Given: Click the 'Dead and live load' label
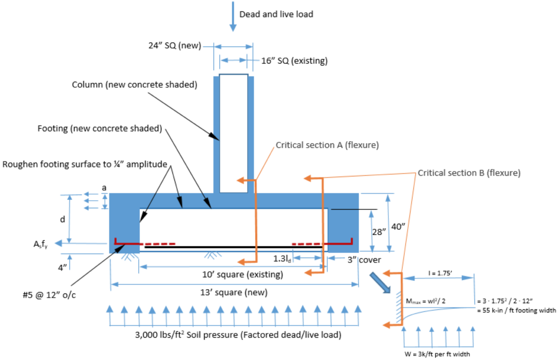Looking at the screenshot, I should [276, 14].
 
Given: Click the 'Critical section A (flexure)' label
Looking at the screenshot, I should [327, 145].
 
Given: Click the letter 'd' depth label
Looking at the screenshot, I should [62, 219].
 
